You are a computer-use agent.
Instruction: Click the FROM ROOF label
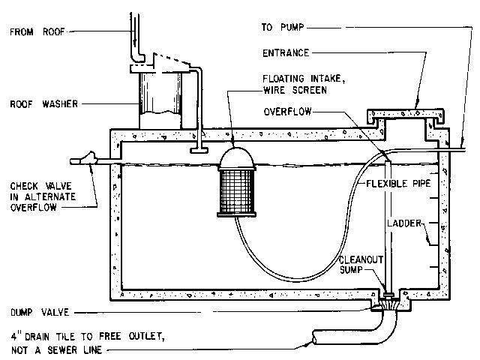(x=37, y=31)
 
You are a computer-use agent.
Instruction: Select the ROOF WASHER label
(x=44, y=103)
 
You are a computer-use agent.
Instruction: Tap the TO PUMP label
(x=283, y=27)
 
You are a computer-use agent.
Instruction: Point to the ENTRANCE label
(x=286, y=53)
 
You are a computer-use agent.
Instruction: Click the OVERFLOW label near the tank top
(x=287, y=112)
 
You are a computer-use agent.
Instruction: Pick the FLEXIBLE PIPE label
(x=398, y=183)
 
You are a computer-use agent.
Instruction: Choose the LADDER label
(x=404, y=223)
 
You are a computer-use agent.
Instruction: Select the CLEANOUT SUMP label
(x=361, y=265)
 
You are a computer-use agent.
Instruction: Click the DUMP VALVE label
(x=40, y=312)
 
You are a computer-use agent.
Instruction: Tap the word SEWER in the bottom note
(x=63, y=349)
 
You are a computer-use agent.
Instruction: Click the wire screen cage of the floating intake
(x=236, y=192)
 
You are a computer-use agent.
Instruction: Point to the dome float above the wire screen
(x=236, y=157)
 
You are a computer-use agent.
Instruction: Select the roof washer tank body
(x=160, y=100)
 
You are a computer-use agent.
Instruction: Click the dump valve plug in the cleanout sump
(x=388, y=295)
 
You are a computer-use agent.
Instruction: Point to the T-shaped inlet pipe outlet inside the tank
(x=199, y=150)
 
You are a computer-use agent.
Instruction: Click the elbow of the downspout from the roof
(x=138, y=58)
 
